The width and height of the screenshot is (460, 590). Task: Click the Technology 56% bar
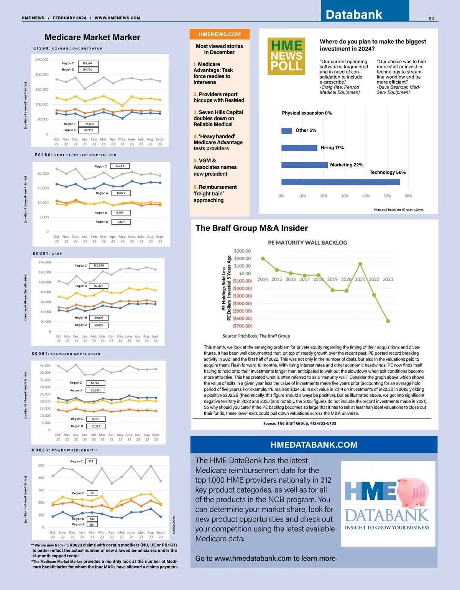coord(340,182)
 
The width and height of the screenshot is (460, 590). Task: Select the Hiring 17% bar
coord(299,148)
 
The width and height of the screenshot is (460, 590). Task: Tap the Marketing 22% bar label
coord(347,165)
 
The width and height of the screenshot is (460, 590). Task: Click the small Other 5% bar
coord(286,131)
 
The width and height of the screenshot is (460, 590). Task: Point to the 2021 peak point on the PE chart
coord(360,264)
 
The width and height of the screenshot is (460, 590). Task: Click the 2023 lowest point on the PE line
coord(388,321)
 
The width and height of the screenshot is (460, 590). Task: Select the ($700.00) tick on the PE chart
coord(242,326)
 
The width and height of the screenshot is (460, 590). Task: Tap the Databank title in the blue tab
coord(354,15)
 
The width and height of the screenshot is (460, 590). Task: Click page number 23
coord(431,18)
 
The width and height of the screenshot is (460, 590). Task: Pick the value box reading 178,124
coord(88,64)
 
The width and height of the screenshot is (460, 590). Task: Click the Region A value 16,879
coord(121,193)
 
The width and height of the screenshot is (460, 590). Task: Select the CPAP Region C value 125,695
coord(99,266)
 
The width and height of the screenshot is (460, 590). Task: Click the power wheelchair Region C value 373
coord(91,462)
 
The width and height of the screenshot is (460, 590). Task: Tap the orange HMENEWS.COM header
coord(220,34)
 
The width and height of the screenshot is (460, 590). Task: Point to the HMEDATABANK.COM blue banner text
coord(314,445)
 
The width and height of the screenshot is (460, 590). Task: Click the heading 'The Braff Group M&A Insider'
coord(251,228)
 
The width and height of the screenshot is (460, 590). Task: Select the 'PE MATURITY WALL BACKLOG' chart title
coord(307,243)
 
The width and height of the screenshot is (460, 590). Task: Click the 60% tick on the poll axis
coord(408,196)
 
